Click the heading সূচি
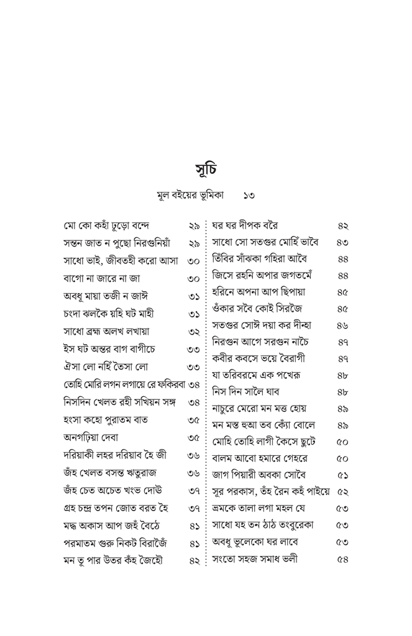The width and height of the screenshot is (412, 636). tap(206, 170)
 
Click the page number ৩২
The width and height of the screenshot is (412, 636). tap(193, 332)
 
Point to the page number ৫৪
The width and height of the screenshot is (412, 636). tap(342, 558)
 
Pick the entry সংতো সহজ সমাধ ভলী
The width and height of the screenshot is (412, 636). tap(255, 558)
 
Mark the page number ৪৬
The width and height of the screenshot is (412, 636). tap(342, 325)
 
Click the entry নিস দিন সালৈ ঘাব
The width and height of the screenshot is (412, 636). tap(246, 392)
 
